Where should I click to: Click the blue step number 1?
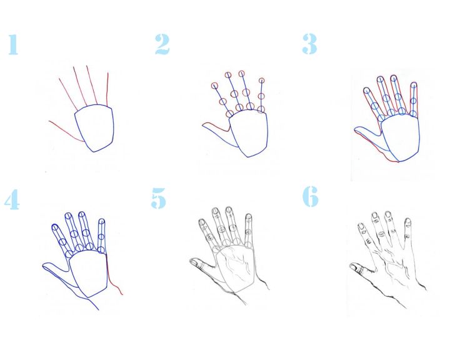pyautogui.click(x=13, y=44)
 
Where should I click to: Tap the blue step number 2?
pyautogui.click(x=162, y=44)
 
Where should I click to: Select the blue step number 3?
pyautogui.click(x=309, y=44)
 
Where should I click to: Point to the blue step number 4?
pyautogui.click(x=12, y=199)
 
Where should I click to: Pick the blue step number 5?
pyautogui.click(x=158, y=198)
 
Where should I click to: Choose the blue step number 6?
pyautogui.click(x=311, y=196)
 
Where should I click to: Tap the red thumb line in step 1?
pyautogui.click(x=66, y=132)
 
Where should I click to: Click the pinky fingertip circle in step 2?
pyautogui.click(x=261, y=81)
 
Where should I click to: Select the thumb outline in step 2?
pyautogui.click(x=218, y=134)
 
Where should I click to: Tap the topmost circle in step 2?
pyautogui.click(x=241, y=74)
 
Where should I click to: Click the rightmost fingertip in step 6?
pyautogui.click(x=407, y=221)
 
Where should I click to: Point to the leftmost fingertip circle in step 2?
pyautogui.click(x=214, y=86)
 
